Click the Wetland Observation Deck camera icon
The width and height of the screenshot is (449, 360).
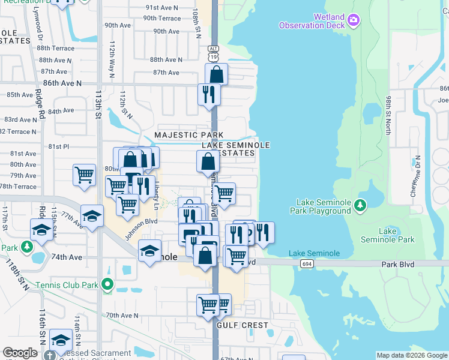(x=354, y=21)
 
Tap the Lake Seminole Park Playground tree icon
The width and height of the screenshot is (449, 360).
(x=360, y=205)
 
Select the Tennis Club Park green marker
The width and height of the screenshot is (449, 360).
(x=107, y=284)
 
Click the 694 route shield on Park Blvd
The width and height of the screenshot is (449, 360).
(x=307, y=263)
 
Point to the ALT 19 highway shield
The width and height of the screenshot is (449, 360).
(x=214, y=53)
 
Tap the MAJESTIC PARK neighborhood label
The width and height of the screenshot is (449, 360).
(x=188, y=135)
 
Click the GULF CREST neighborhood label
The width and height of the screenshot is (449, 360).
(x=243, y=325)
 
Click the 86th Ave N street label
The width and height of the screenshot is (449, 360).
(x=62, y=83)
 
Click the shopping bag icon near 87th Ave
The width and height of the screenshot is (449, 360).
(x=216, y=74)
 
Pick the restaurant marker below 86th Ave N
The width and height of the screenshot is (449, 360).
(x=209, y=94)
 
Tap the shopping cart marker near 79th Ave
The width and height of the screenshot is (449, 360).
(x=84, y=175)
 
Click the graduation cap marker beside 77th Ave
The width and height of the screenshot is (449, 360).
(x=92, y=216)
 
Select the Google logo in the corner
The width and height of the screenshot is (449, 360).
(x=20, y=353)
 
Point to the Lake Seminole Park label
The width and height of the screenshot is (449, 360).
(x=387, y=235)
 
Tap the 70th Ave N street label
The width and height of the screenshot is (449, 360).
(x=122, y=315)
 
